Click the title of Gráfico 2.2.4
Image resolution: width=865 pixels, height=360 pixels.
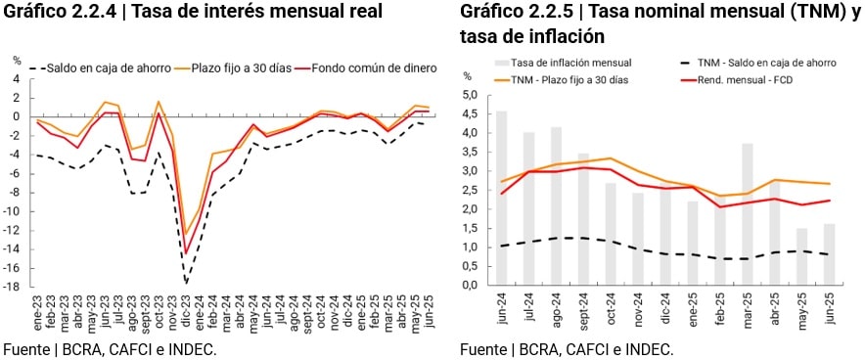[193, 13]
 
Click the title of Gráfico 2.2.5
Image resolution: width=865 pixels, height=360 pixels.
[660, 24]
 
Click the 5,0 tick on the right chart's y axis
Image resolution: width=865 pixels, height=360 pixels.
[469, 95]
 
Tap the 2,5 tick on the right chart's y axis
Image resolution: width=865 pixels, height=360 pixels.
[469, 190]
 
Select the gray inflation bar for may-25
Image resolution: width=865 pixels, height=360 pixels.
[802, 256]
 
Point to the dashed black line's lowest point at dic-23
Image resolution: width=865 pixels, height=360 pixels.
[185, 282]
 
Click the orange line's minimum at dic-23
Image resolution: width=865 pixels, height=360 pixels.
[185, 234]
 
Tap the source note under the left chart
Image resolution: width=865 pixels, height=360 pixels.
[109, 349]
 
